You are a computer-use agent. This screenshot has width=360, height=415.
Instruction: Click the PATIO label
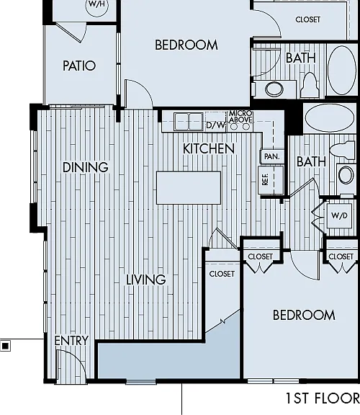pos(79,66)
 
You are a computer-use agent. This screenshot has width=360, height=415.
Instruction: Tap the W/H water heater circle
pos(96,6)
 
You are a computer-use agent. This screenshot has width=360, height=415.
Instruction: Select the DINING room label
pos(86,167)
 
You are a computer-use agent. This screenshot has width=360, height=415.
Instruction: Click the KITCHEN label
pos(209,148)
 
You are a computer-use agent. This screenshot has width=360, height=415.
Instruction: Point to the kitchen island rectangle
pos(189,187)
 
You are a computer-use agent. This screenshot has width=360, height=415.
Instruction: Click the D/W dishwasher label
pos(215,125)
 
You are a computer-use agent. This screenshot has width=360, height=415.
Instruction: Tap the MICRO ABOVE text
pos(240,117)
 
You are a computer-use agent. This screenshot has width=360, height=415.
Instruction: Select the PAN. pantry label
pos(272,156)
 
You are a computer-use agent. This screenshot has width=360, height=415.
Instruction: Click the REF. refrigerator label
pos(265,179)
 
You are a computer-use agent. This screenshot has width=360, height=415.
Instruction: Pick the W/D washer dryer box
pos(339,215)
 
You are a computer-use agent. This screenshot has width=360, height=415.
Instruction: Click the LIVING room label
pos(145,280)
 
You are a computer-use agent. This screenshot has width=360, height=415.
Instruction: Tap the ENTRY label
pos(71,341)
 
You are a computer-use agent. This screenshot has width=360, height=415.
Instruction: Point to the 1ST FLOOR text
pos(323,398)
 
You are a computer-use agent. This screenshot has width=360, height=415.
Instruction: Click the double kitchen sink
pos(189,122)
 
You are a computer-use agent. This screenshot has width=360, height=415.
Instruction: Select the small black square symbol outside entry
pos(5,346)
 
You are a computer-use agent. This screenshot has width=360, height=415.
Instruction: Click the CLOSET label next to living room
pos(222,274)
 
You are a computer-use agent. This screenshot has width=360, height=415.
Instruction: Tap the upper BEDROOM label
pos(186,45)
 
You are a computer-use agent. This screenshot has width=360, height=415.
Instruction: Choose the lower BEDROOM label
pos(304,315)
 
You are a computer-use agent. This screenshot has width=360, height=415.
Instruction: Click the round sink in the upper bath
pos(274,89)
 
